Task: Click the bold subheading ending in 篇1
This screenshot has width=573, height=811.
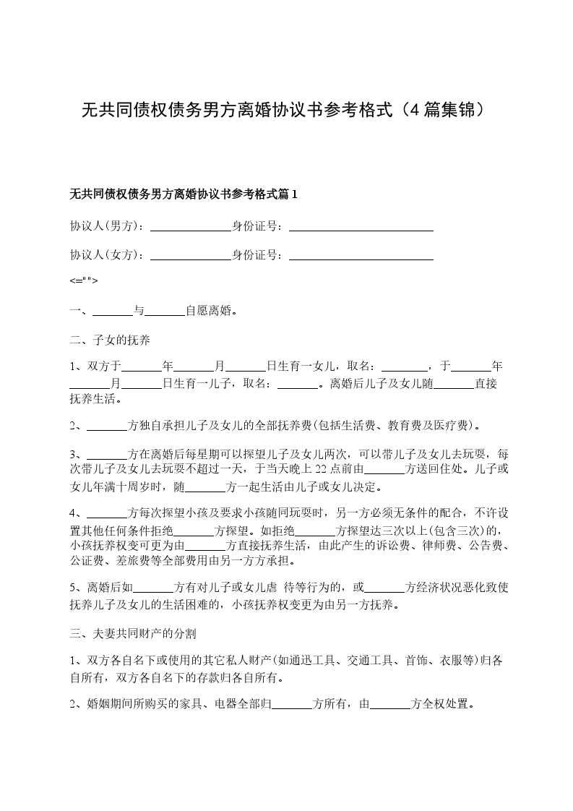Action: click(x=184, y=194)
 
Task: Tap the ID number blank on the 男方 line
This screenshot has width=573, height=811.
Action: click(x=361, y=226)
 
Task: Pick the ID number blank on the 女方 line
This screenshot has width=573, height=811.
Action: click(x=361, y=255)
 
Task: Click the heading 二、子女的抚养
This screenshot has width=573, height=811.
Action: click(x=110, y=339)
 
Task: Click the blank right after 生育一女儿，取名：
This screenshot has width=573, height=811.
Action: click(x=404, y=366)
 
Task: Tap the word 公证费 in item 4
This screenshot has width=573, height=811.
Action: click(x=87, y=560)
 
